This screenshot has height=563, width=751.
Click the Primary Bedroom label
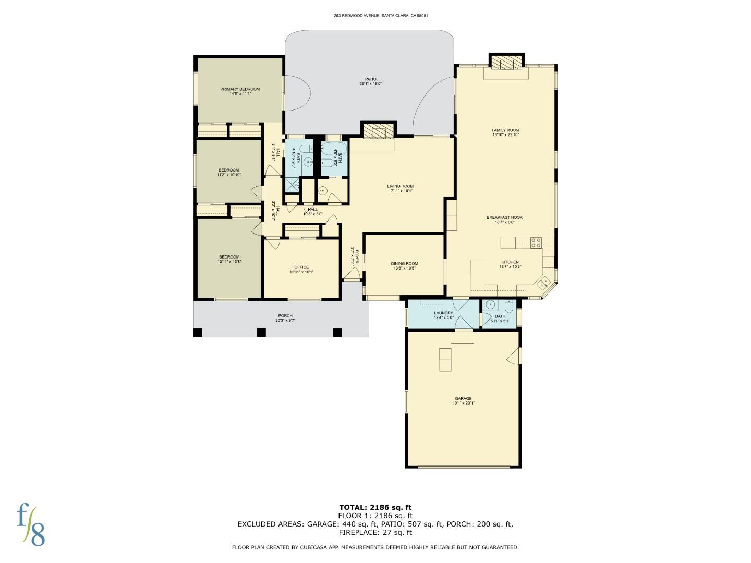coord(239,89)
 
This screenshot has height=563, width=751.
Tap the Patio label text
coord(370,79)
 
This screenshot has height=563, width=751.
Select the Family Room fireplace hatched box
coord(506,64)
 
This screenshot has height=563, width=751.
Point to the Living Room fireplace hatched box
coord(379,131)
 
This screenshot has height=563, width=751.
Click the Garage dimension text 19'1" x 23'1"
coord(463,403)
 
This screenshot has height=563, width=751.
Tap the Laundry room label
coord(443,313)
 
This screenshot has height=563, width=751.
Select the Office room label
coord(301,267)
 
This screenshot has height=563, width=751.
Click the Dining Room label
coord(404,264)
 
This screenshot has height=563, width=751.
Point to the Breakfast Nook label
coord(504,217)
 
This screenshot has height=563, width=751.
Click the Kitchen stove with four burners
coord(536,242)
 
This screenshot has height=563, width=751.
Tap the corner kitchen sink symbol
coord(543,283)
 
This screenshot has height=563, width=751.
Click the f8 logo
coord(30,524)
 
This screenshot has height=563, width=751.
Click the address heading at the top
coord(381,16)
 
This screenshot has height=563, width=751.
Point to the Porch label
coord(285,316)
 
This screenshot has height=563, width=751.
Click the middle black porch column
coord(261,332)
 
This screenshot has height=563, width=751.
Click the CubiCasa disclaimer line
coord(375,547)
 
